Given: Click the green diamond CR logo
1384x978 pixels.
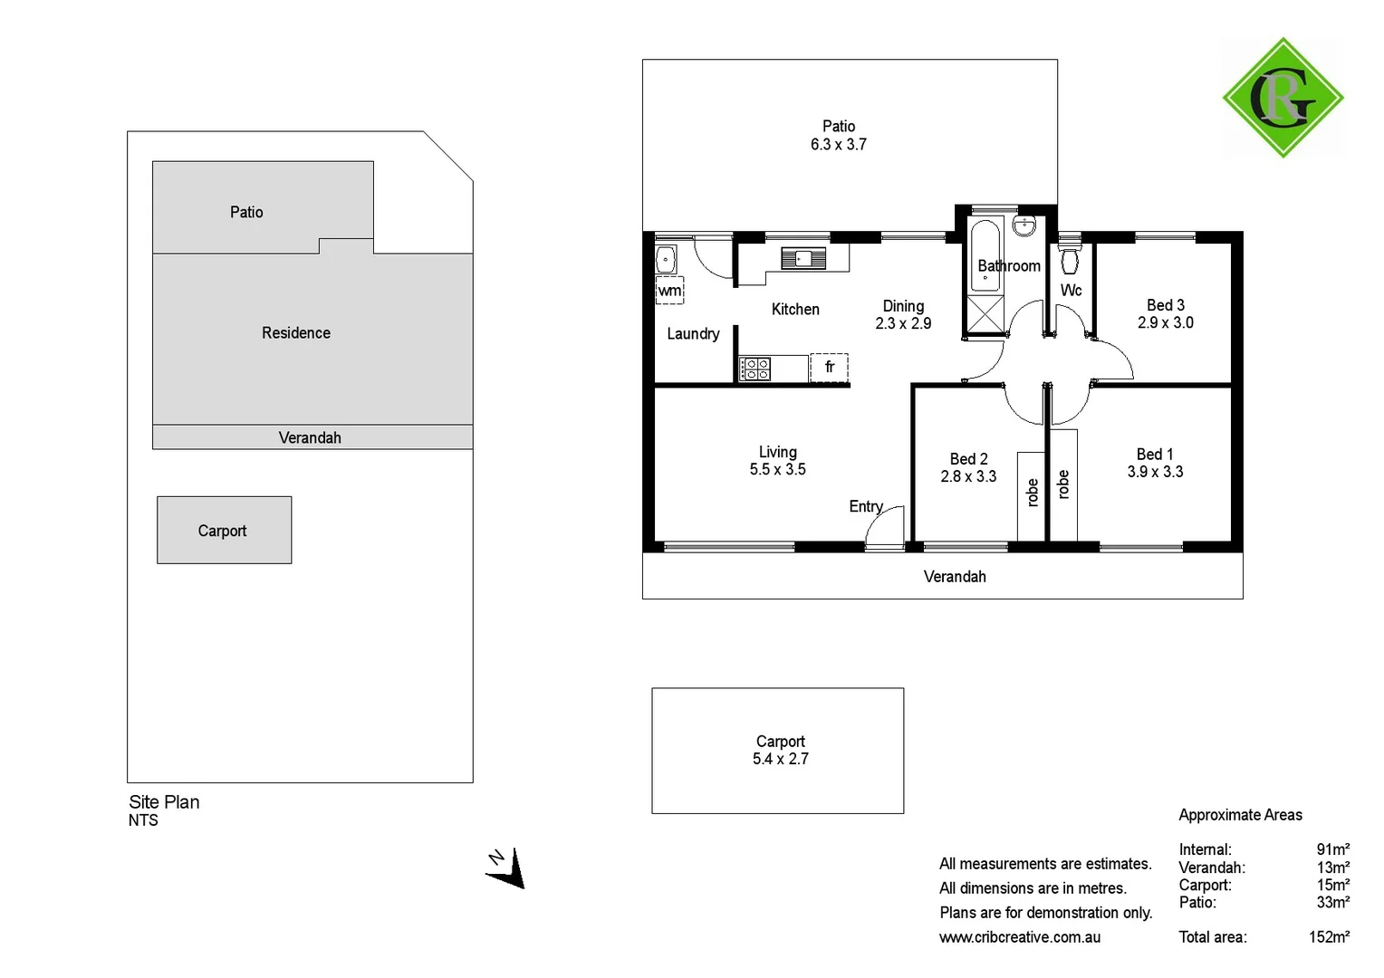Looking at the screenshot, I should (1283, 98).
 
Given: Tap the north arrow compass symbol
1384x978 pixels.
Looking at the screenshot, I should (506, 868).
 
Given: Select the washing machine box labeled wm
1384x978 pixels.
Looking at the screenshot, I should (669, 291).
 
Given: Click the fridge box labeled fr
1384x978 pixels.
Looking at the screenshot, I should (829, 367).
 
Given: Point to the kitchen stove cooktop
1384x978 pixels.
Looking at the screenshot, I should (755, 369).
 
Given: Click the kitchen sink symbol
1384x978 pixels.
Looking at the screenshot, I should (803, 259).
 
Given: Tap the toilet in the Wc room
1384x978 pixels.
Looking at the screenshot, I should (1070, 258).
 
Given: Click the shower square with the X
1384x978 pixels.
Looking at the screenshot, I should (985, 314).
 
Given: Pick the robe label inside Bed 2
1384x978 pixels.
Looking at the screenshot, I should (1032, 492).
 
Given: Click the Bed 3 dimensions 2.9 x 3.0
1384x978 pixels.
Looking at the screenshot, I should (1165, 322).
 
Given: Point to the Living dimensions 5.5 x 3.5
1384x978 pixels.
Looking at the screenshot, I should (777, 469).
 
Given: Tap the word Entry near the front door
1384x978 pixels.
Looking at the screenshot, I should (865, 506).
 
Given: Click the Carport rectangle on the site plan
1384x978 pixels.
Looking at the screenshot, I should (224, 530).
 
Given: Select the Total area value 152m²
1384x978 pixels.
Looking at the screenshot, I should (1329, 937).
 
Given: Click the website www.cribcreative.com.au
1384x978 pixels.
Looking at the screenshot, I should (1019, 937).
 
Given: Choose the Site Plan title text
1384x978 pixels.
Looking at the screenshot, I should (164, 801).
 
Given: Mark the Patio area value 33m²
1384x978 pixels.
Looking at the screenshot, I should (1332, 902).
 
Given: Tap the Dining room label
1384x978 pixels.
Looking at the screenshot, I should (903, 306).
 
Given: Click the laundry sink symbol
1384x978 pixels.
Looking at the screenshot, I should (666, 259).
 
